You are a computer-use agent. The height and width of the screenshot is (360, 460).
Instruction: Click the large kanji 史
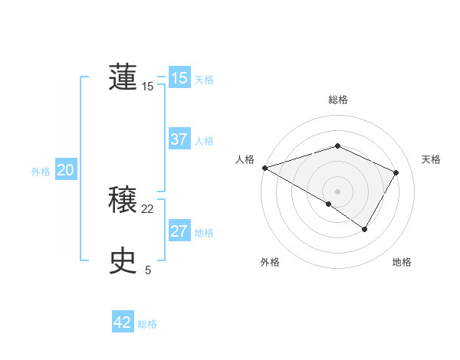tap(123, 261)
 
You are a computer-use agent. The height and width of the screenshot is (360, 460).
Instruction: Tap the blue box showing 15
tap(179, 78)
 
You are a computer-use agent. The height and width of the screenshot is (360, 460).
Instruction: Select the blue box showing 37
tap(179, 139)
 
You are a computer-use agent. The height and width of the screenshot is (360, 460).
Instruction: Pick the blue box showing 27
tap(179, 231)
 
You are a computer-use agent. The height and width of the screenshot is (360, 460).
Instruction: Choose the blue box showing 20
tap(65, 171)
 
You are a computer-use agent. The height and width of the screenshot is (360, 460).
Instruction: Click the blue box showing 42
tap(123, 322)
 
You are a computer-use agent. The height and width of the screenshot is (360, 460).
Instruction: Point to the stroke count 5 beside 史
tap(148, 270)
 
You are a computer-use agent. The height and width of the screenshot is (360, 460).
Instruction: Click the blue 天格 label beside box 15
tap(204, 80)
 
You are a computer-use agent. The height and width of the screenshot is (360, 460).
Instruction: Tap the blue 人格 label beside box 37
tap(204, 141)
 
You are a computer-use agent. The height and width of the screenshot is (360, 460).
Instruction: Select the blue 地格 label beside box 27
tap(204, 233)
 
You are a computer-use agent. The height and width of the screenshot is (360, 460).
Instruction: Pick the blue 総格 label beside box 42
tap(147, 324)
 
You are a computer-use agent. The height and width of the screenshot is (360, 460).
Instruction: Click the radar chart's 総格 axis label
tap(338, 100)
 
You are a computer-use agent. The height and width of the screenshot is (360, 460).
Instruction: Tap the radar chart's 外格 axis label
tap(270, 262)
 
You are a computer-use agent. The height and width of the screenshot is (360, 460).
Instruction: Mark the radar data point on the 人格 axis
tap(264, 168)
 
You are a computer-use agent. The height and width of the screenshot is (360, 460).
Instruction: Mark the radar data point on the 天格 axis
tap(396, 172)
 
